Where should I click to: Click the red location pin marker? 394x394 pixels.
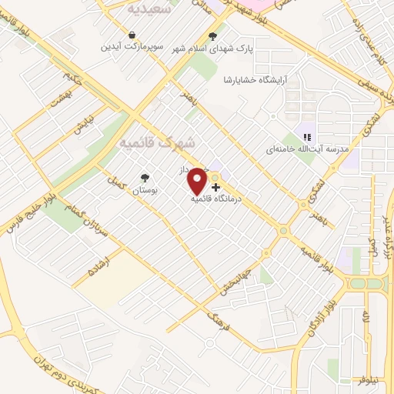[198, 180]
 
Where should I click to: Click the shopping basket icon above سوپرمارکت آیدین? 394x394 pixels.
[132, 35]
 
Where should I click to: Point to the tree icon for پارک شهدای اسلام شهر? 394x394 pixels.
[213, 35]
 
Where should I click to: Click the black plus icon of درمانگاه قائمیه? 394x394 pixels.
[215, 186]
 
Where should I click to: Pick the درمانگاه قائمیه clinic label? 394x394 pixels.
[218, 198]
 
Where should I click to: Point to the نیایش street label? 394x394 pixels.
[85, 125]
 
